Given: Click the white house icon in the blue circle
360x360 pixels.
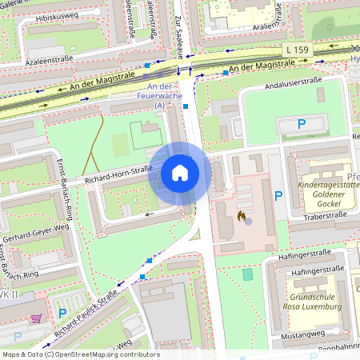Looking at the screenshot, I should pos(180,172).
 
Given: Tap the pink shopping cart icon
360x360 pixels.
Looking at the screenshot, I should pos(35,318).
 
